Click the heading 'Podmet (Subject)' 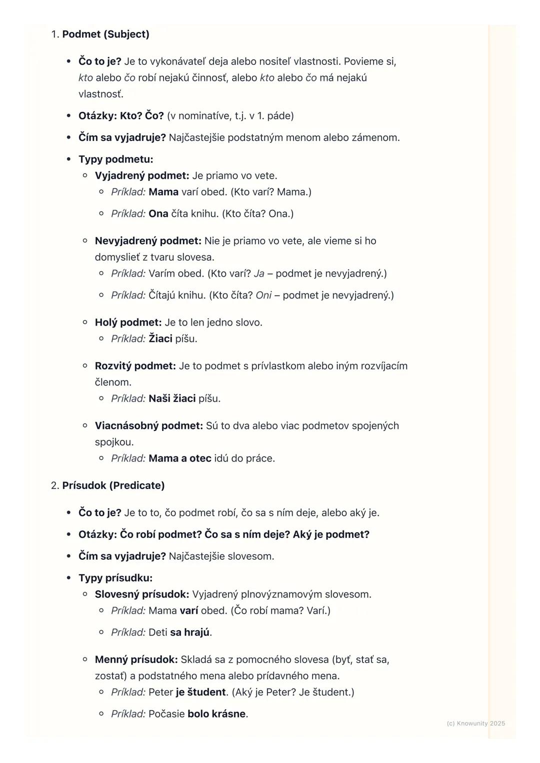pos(105,34)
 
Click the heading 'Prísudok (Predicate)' pos(113,485)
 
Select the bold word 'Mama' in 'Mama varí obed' pos(163,192)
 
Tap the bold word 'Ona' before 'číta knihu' pos(158,214)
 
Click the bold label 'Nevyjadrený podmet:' pos(148,241)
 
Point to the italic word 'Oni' pos(263,295)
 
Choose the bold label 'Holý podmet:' pos(128,323)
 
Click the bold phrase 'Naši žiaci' pos(172,398)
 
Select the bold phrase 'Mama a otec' pos(180,458)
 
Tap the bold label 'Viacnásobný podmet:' pos(148,426)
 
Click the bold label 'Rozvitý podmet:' pos(135,366)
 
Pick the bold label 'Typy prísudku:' pos(115,578)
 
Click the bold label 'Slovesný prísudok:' pos(142,594)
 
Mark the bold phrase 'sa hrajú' pos(189,632)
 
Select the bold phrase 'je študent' pos(200,692)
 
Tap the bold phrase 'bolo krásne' pos(216,714)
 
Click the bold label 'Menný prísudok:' pos(136,660)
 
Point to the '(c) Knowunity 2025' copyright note pos(475,723)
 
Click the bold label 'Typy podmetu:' pos(115,159)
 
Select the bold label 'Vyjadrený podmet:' pos(142,176)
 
